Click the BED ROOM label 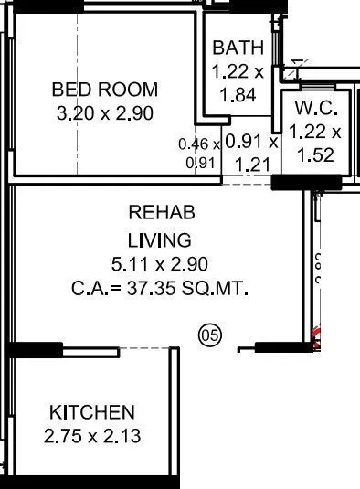point(105,90)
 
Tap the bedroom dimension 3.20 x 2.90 point(105,113)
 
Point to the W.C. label point(316,108)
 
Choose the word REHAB point(160,213)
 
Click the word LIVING point(160,240)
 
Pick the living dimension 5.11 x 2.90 point(160,264)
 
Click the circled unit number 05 point(209,336)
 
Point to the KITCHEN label point(91,412)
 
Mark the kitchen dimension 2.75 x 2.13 point(91,436)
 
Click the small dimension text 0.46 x point(199,144)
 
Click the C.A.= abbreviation point(95,289)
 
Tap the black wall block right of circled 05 point(283,347)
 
